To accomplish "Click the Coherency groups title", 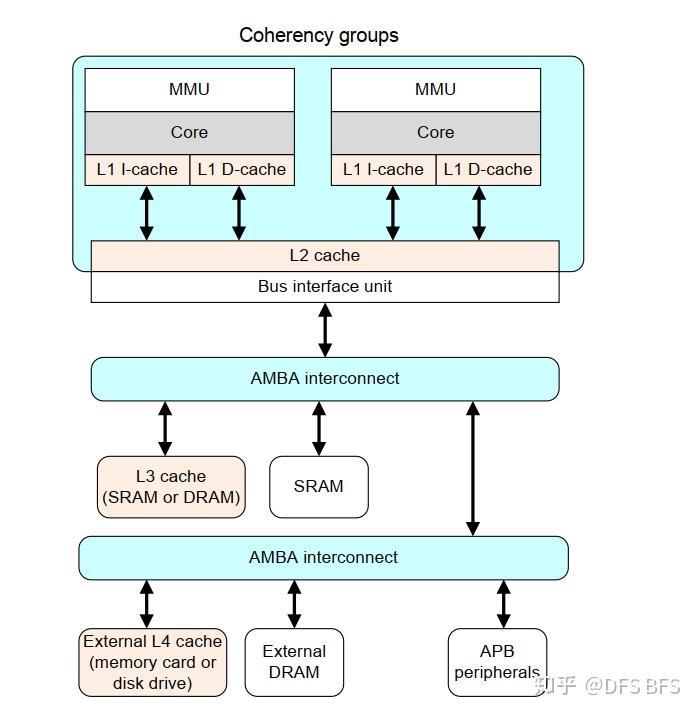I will pyautogui.click(x=318, y=35).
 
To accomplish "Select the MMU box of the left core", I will pyautogui.click(x=189, y=89).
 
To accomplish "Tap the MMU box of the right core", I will pyautogui.click(x=435, y=89).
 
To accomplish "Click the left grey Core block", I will pyautogui.click(x=189, y=132).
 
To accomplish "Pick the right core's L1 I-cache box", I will pyautogui.click(x=383, y=169).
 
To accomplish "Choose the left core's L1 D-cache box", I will pyautogui.click(x=241, y=169).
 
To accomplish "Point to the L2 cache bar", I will pyautogui.click(x=324, y=255).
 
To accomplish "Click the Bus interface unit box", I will pyautogui.click(x=324, y=286).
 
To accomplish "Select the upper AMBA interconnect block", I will pyautogui.click(x=324, y=378).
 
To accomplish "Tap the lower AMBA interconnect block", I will pyautogui.click(x=323, y=557).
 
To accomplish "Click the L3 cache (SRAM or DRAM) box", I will pyautogui.click(x=171, y=487).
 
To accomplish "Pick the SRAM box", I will pyautogui.click(x=319, y=487).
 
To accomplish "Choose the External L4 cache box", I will pyautogui.click(x=152, y=662).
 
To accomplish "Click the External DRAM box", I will pyautogui.click(x=294, y=662).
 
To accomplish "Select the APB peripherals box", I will pyautogui.click(x=497, y=662).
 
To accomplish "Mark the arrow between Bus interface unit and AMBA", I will pyautogui.click(x=325, y=330).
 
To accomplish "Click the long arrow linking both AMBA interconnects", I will pyautogui.click(x=473, y=468).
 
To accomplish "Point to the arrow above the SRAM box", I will pyautogui.click(x=319, y=428).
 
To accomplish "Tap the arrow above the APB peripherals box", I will pyautogui.click(x=503, y=604).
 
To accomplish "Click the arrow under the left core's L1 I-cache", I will pyautogui.click(x=147, y=213).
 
